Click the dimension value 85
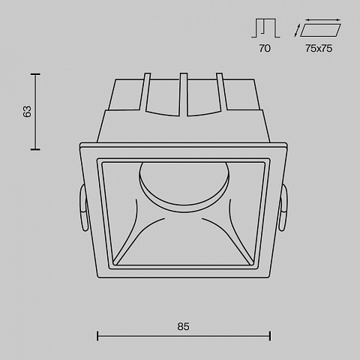tap(183, 326)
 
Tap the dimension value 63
tap(27, 112)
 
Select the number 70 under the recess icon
tap(265, 48)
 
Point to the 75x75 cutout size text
tap(319, 48)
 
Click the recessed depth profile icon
tap(265, 28)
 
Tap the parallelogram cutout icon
tap(320, 30)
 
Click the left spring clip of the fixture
tap(83, 208)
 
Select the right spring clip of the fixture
tap(283, 208)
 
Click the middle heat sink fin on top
tap(184, 94)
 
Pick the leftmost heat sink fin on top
tap(145, 91)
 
